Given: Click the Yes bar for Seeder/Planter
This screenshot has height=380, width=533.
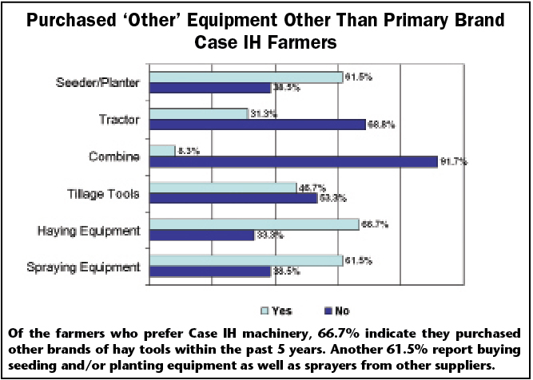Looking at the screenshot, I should [x=245, y=77].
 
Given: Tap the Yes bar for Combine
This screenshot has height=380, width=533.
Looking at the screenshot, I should [x=162, y=150].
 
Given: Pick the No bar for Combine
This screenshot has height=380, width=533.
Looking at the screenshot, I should [x=293, y=161].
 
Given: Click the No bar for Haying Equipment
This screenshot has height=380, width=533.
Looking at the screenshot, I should [x=201, y=235].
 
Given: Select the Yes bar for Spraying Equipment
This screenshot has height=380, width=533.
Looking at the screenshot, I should [x=245, y=260].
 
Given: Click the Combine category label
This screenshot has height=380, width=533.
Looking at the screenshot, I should [x=117, y=156].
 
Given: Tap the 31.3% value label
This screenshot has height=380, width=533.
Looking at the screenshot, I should [x=263, y=114].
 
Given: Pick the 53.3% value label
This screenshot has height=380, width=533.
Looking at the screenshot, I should [x=332, y=199].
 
